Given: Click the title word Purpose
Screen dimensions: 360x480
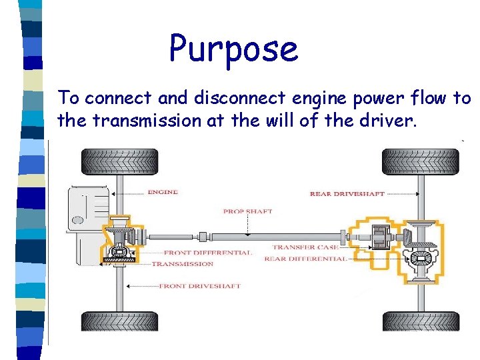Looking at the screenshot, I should click(233, 49).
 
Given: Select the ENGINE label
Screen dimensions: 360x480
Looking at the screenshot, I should click(162, 192).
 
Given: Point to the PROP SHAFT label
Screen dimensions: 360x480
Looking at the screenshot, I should click(247, 211).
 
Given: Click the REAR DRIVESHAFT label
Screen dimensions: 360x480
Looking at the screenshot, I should click(347, 194).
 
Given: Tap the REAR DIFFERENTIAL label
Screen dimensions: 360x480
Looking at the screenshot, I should click(305, 259).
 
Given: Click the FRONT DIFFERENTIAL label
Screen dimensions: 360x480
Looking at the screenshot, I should click(207, 253).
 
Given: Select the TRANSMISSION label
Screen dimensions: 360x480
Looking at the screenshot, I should click(183, 264).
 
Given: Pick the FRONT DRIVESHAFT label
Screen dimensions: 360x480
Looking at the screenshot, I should click(199, 286).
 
